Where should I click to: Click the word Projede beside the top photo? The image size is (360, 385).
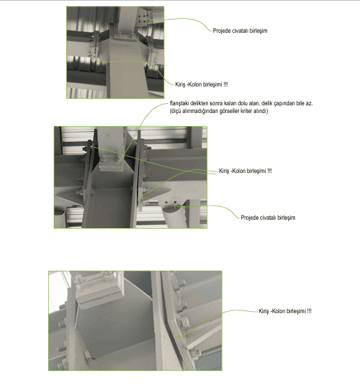222,31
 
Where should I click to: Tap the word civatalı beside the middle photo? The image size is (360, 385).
267,218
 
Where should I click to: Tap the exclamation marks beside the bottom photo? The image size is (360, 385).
309,311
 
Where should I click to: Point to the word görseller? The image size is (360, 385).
230,111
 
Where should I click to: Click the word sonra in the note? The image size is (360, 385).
216,103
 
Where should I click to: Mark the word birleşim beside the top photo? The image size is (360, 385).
258,31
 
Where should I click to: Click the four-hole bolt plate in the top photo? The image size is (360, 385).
142,19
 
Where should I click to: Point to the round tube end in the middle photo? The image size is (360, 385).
171,209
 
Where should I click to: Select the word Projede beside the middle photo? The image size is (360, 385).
250,218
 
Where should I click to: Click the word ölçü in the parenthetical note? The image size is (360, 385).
176,111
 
